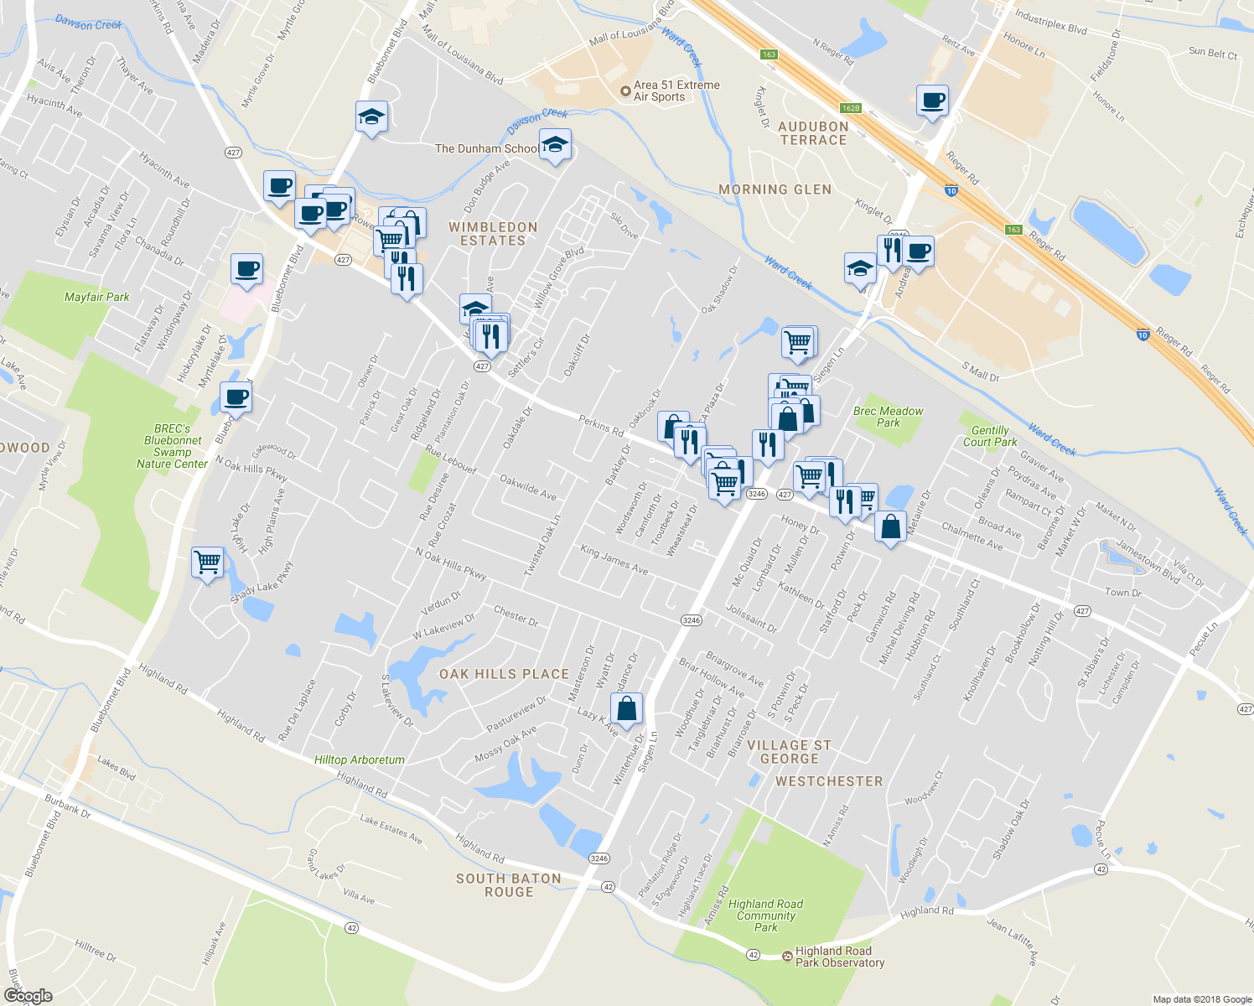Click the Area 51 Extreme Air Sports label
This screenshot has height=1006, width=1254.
(676, 91)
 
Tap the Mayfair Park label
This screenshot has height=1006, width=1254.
(97, 297)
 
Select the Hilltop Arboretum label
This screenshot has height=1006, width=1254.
(359, 760)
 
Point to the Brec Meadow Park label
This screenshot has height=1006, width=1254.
(888, 417)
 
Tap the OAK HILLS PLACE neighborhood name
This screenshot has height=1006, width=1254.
(504, 674)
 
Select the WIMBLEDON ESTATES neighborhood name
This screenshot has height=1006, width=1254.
(493, 234)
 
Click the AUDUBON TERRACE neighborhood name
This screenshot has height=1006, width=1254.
(813, 133)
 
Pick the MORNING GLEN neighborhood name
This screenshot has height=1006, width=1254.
(775, 189)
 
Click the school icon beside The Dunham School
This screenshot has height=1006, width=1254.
(555, 146)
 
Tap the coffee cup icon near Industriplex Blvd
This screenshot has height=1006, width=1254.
(932, 101)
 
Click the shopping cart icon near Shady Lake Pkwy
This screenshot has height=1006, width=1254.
(207, 561)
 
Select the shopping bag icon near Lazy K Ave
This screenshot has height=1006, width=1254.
(626, 709)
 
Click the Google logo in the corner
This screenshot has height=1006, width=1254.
(28, 995)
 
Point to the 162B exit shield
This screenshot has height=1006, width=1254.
(851, 108)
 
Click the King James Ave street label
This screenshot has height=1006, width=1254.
(614, 560)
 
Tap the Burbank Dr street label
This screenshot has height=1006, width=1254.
(67, 806)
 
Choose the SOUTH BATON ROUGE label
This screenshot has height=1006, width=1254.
(508, 885)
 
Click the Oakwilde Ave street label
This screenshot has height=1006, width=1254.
(528, 488)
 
